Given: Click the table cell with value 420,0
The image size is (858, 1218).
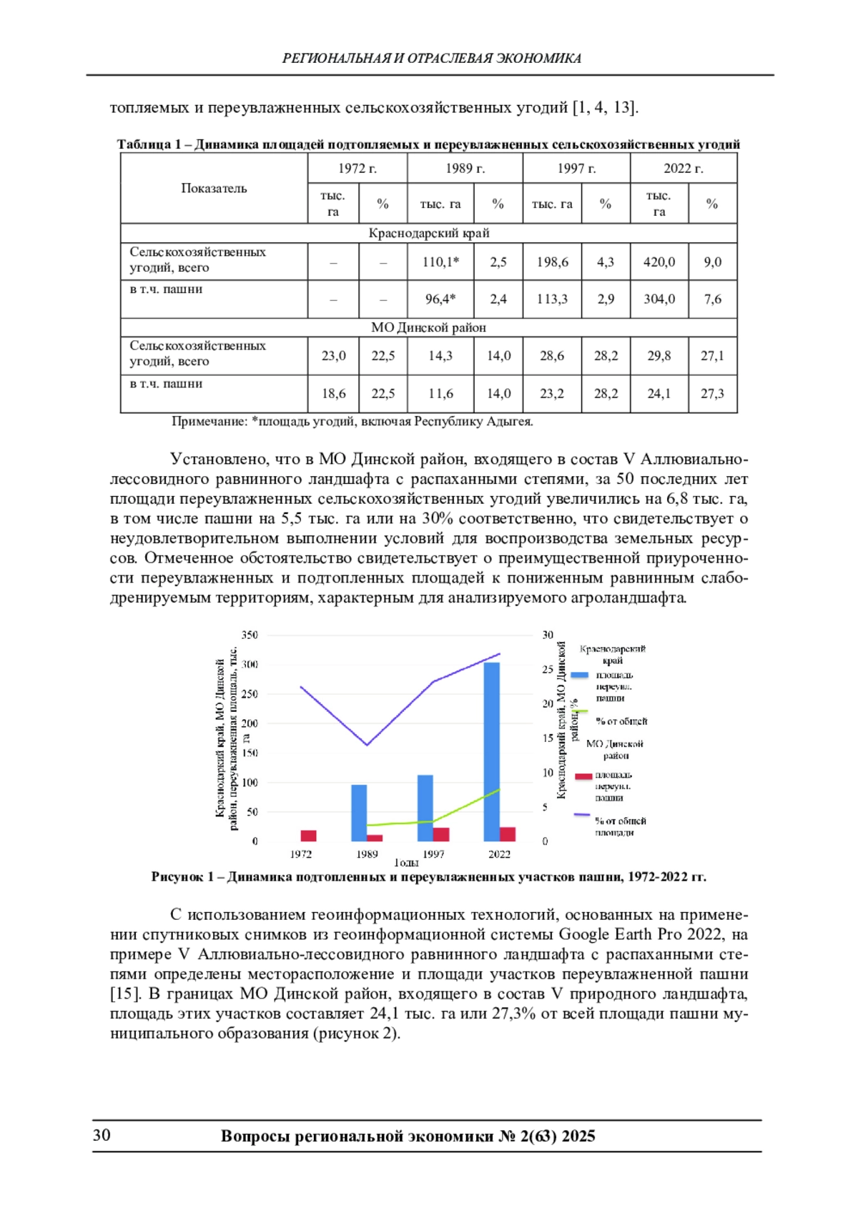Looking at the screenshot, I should [x=659, y=262].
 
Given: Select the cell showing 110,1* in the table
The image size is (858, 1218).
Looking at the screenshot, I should [x=440, y=262].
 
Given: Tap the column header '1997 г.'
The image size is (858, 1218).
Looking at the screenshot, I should [x=576, y=169].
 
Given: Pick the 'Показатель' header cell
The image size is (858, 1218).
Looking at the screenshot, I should [x=214, y=189].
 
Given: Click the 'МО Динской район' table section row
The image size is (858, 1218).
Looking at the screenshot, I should [x=428, y=327].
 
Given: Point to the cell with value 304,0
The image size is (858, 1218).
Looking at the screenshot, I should [x=659, y=299].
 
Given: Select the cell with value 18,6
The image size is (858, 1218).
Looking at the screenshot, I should [x=333, y=394].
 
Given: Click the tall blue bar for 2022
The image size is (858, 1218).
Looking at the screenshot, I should [x=492, y=751].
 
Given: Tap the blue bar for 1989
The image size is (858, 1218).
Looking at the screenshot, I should [x=359, y=813].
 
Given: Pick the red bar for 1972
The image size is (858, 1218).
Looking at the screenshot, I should [x=308, y=836].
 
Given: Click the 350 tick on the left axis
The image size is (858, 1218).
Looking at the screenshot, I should [x=250, y=635].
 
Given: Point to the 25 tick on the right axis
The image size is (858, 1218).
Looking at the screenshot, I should [x=548, y=670].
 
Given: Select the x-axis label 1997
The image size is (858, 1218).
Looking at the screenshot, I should [x=433, y=854].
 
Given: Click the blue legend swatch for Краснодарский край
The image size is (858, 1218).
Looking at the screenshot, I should [x=580, y=675].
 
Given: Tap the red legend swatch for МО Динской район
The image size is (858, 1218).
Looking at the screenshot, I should [x=583, y=776].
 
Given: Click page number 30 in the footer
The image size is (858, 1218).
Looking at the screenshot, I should [x=102, y=1136].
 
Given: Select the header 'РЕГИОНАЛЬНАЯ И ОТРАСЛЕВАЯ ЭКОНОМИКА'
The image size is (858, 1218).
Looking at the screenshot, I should [x=431, y=59].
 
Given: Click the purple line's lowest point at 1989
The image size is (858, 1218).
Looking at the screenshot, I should [x=367, y=745].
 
